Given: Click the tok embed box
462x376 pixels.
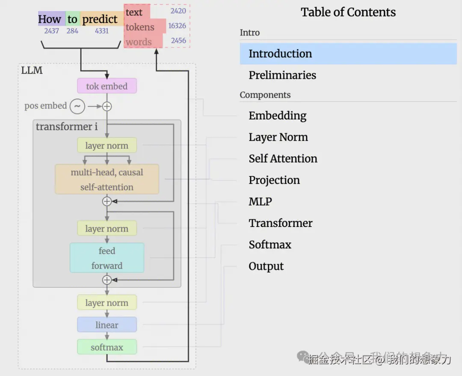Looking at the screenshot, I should pos(107,86).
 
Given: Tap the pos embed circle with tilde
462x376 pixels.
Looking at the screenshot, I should pos(77,106).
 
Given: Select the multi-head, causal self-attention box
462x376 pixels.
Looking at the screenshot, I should pos(107,179).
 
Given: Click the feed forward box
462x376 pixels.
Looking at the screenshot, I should pos(107,258).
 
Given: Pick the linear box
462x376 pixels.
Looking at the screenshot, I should pos(107,325).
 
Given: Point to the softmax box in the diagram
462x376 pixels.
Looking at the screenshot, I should pos(107,347).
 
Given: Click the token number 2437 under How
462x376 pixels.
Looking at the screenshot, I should pos(51,31).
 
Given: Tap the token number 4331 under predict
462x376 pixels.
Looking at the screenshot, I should pos(101,31).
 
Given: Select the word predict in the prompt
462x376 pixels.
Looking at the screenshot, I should pos(100,19).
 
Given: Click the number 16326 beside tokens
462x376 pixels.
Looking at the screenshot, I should pos(177,26).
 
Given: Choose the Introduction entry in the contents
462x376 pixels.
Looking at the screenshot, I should pos(280,54).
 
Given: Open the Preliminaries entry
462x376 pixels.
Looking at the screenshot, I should pos(282,75).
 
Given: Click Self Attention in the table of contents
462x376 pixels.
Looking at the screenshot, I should pos(283,159).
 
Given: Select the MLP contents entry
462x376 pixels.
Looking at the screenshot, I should pos(260,202).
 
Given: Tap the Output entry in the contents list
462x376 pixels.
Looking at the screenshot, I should pos(266,266).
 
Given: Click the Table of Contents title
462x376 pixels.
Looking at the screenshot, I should pos(348,12).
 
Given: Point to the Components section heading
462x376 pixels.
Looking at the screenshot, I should pos(265,95).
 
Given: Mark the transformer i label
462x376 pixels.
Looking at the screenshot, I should pos(67,127).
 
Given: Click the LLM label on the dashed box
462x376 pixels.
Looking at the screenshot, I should pos(32,71).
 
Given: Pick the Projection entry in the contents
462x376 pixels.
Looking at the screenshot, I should pos(274,180).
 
